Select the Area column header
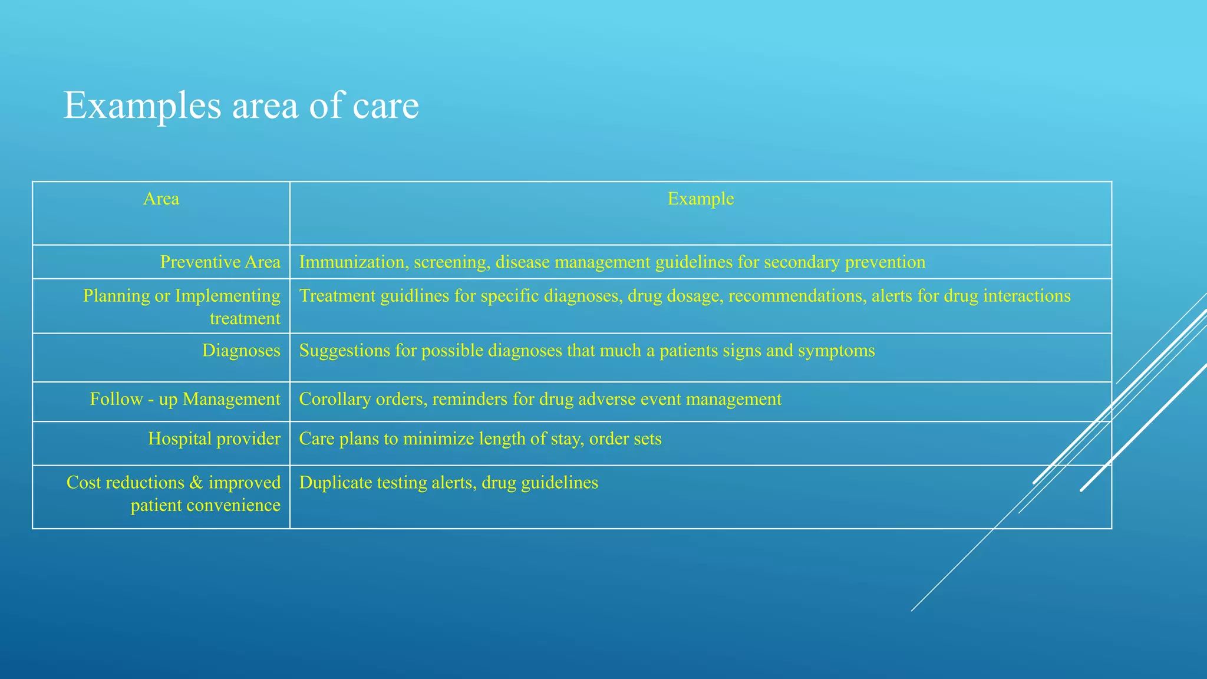point(161,199)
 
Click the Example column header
point(700,199)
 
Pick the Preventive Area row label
point(220,262)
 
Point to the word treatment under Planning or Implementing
point(245,319)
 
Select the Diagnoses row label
point(241,351)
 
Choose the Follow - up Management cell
point(184,400)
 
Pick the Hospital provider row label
point(214,439)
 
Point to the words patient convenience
point(205,506)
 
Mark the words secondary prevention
point(844,262)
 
